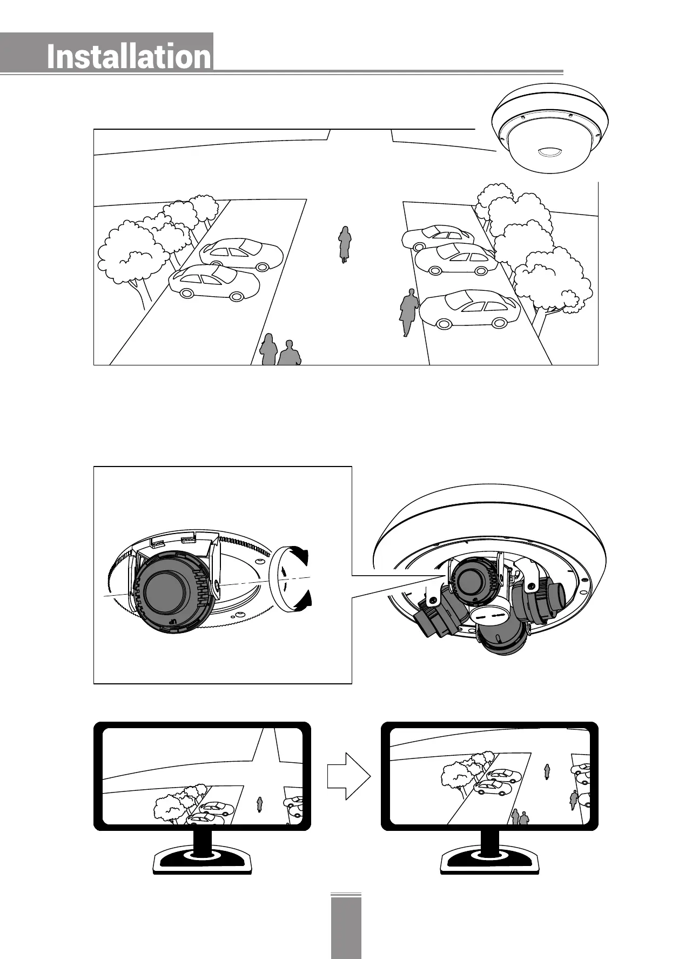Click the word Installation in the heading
click(129, 57)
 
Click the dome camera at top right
click(550, 130)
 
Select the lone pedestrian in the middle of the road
click(344, 244)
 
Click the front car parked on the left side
click(214, 283)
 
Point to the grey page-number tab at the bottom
click(346, 927)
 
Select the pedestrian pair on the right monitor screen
click(520, 817)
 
